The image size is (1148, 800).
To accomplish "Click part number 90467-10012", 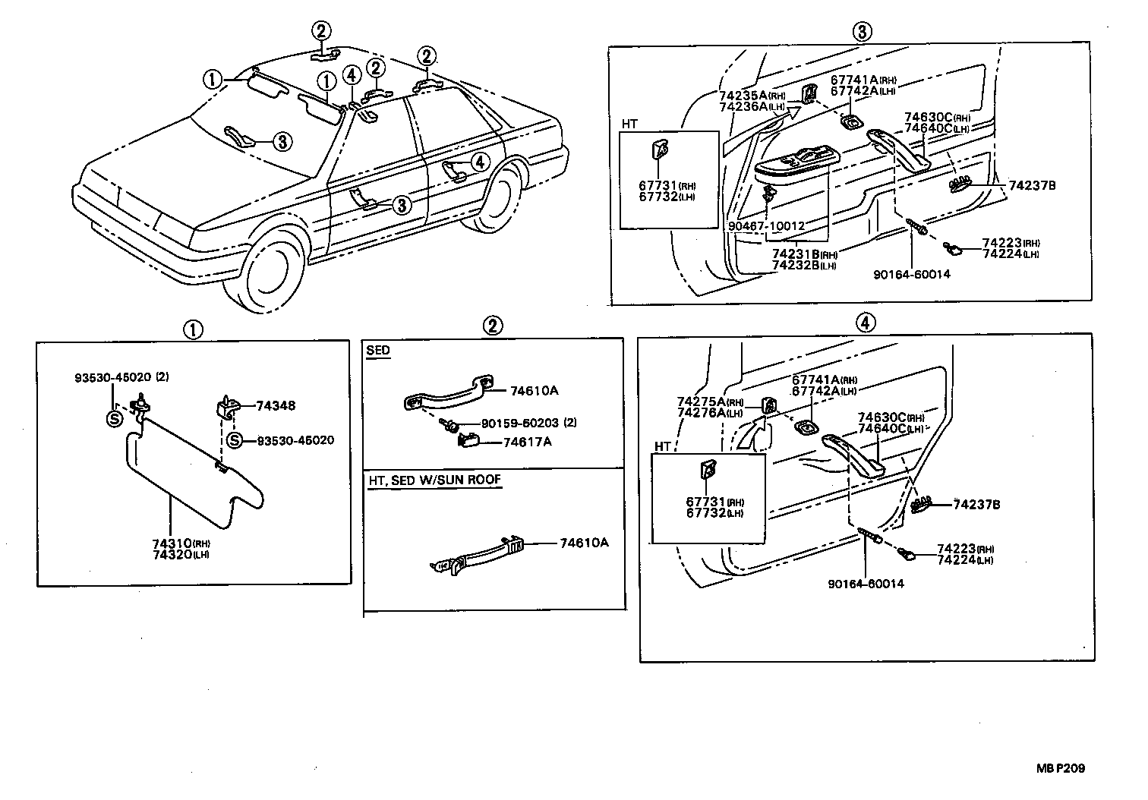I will click(x=766, y=226).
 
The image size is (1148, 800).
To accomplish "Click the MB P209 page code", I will click(x=1061, y=768).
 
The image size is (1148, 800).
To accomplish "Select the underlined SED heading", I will click(x=377, y=350).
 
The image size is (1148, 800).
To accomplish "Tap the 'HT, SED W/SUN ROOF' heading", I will click(x=434, y=480).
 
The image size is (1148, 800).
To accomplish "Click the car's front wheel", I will click(x=270, y=269).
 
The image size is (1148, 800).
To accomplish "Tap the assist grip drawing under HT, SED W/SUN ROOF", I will click(x=478, y=551).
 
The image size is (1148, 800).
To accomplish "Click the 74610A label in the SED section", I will click(x=534, y=391).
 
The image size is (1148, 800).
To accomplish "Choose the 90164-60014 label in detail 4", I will click(x=866, y=584).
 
